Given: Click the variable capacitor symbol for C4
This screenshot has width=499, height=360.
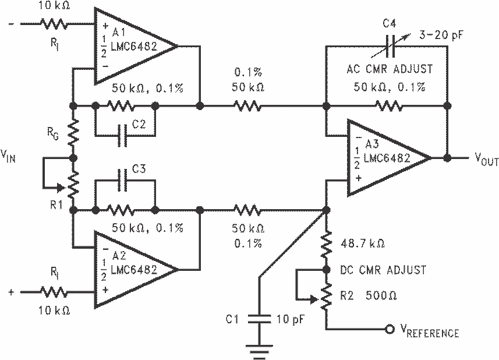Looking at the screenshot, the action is [391, 47].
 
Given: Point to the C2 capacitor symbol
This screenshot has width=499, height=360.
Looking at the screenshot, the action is [122, 136].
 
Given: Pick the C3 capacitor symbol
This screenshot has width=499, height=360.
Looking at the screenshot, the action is [122, 180].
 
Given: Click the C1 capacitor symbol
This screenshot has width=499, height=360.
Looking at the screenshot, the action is [259, 319].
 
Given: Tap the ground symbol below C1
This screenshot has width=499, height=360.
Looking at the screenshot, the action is [259, 349].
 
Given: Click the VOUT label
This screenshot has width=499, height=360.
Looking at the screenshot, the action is [487, 159].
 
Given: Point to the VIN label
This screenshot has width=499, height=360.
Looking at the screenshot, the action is [8, 156].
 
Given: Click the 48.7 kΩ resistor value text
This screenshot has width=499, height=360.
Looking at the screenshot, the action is [363, 244].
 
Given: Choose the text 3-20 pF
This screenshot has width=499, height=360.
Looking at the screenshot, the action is [441, 35].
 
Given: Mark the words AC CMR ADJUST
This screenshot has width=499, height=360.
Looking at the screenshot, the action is [390, 69].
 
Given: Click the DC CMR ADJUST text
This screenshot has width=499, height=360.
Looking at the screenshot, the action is [383, 270].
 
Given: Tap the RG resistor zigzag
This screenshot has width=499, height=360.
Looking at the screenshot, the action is [73, 132].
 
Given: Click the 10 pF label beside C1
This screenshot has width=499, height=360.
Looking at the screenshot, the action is [291, 319].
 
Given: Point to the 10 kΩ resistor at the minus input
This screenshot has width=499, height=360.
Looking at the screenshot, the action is [54, 23].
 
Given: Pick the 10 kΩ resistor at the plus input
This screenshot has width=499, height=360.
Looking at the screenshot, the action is [54, 292].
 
